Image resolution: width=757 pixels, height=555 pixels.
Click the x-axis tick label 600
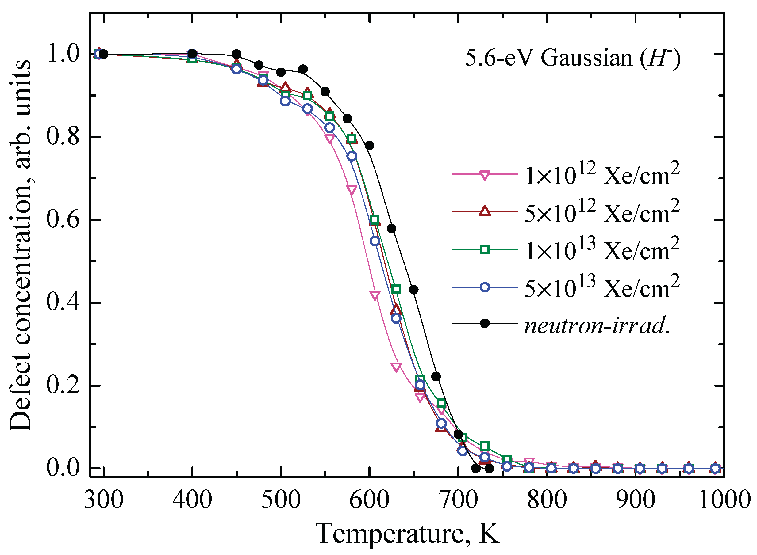coord(369,500)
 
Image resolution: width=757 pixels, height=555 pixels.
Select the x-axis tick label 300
coord(104,500)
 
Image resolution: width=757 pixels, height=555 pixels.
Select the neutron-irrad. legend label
coord(597,325)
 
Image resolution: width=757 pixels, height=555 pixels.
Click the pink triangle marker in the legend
coord(485,175)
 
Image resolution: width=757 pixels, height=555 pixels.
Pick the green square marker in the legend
coord(485,250)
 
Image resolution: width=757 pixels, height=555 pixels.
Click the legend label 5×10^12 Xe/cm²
coord(602,212)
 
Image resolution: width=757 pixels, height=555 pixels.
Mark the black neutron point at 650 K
coord(414,289)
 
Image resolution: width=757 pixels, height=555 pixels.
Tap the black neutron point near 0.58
coord(392,228)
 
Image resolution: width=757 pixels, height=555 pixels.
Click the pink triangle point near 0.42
coord(375,295)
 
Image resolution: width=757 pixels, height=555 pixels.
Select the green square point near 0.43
coord(396,289)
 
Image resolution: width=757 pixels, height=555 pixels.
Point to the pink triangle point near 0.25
coord(396,367)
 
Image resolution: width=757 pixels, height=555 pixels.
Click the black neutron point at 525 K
coord(303,69)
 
